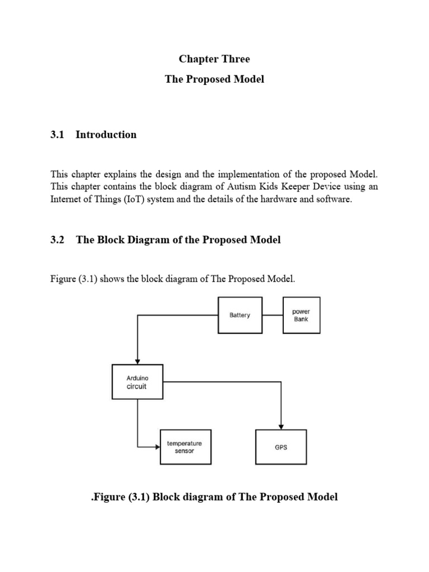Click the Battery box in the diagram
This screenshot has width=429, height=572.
click(x=240, y=315)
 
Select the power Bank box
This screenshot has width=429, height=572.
click(x=301, y=315)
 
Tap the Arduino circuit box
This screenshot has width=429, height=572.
click(x=137, y=382)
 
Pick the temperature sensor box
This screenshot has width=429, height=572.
click(x=185, y=447)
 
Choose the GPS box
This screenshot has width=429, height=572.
click(x=280, y=447)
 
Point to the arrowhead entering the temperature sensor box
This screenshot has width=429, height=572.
click(x=156, y=447)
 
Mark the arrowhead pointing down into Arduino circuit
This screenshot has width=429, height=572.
click(x=137, y=361)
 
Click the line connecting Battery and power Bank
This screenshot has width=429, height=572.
click(x=273, y=315)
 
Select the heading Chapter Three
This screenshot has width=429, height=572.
click(x=214, y=59)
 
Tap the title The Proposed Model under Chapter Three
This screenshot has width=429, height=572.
click(x=214, y=79)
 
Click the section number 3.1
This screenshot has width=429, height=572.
click(x=58, y=135)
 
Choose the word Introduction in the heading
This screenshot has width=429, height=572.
click(x=106, y=135)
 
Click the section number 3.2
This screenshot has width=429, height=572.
click(x=58, y=240)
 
